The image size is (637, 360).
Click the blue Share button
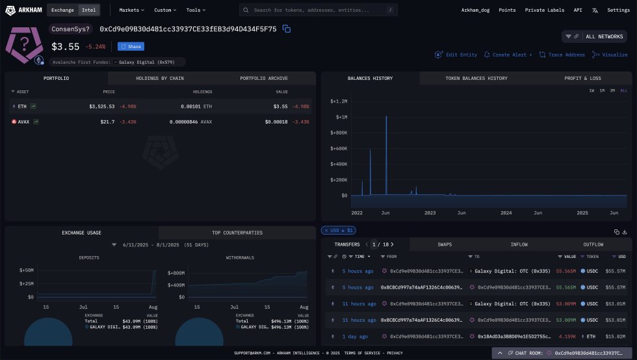[x=131, y=47]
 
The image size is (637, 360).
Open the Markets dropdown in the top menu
[x=132, y=10]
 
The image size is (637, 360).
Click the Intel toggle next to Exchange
[x=88, y=10]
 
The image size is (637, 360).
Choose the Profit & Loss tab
[x=582, y=79]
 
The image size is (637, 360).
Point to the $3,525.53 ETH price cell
[x=101, y=106]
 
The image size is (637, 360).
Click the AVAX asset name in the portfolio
[x=24, y=122]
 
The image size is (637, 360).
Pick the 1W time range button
[x=591, y=90]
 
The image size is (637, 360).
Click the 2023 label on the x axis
[x=430, y=212]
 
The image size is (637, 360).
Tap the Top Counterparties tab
[x=237, y=233]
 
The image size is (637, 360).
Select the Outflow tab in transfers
[x=593, y=244]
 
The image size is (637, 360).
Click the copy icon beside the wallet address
[x=286, y=29]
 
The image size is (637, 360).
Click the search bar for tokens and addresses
[x=318, y=10]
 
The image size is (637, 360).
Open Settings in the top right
[x=617, y=10]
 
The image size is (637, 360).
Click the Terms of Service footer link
[x=363, y=353]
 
